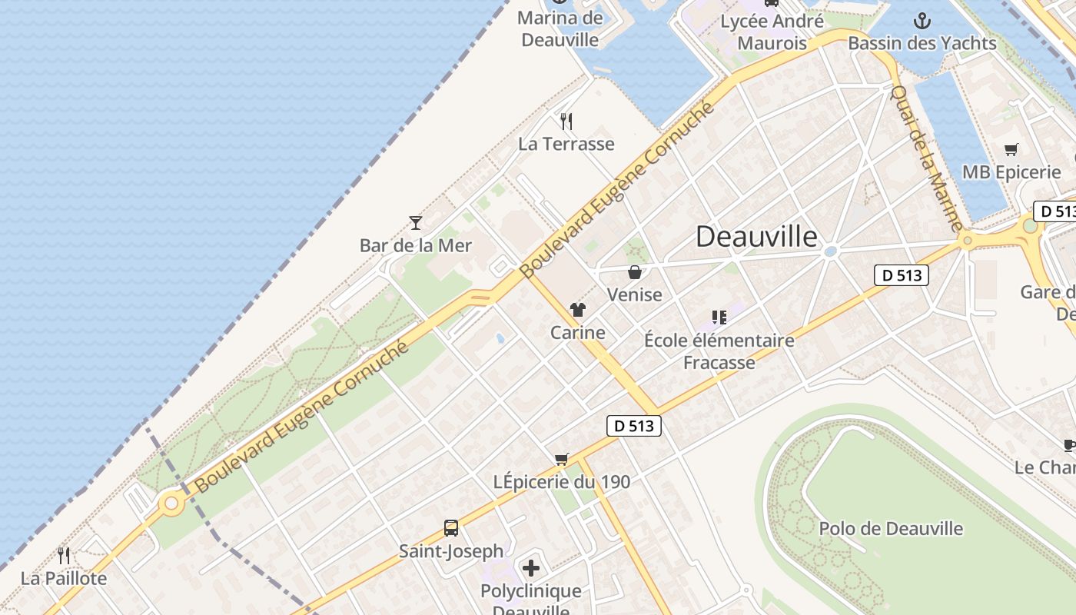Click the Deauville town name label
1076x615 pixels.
point(756,237)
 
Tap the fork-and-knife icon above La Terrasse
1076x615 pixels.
point(566,121)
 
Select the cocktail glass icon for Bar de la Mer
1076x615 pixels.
point(416,223)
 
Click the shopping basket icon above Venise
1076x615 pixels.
point(635,272)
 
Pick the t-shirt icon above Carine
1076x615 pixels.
point(578,310)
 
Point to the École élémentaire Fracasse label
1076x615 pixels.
point(719,351)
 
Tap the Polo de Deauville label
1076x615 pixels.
point(891,529)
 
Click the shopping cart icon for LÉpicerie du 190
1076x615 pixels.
point(562,459)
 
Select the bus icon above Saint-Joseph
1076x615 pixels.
point(451,528)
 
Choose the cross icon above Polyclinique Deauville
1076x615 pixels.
point(531,569)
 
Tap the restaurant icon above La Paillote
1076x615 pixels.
point(64,555)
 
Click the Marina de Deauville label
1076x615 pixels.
point(560,28)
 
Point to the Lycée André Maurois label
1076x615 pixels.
point(772,32)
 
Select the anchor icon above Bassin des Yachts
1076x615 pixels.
point(922,21)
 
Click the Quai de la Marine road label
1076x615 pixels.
point(926,158)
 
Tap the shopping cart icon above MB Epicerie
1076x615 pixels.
point(1011,150)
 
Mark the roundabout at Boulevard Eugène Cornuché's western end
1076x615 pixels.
point(171,504)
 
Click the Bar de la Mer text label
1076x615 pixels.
point(416,246)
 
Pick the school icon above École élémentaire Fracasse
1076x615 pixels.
point(719,317)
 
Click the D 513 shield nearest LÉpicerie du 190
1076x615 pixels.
point(634,426)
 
